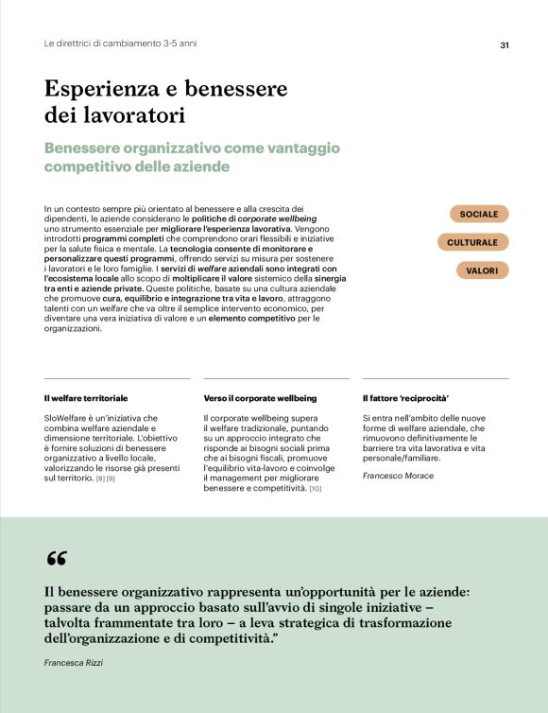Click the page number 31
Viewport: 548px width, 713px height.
pos(505,44)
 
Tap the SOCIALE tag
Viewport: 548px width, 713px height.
pos(479,214)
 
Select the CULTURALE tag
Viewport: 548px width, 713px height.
pos(479,243)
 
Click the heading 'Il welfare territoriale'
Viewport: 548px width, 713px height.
pos(86,398)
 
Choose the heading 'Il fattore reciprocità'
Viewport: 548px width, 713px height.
pos(405,398)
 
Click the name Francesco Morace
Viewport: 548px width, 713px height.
pos(398,476)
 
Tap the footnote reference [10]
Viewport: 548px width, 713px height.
pos(316,489)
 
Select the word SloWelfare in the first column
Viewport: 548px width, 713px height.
pos(67,418)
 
